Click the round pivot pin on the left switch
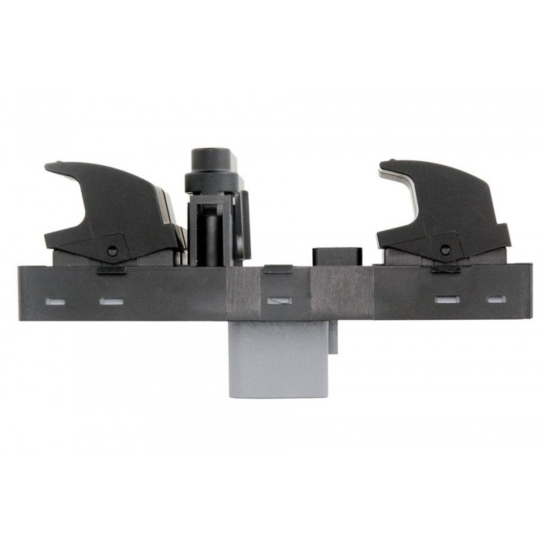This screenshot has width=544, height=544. [x=112, y=250]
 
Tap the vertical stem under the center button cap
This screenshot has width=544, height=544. [x=212, y=231]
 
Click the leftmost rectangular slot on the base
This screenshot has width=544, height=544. [x=52, y=300]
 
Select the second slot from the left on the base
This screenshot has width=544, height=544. [x=111, y=300]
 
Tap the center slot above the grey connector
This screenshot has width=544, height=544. [x=278, y=300]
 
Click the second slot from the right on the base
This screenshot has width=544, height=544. [x=445, y=299]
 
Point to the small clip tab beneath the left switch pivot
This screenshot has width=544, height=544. [x=112, y=270]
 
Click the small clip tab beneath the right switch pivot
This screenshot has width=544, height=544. [x=445, y=269]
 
